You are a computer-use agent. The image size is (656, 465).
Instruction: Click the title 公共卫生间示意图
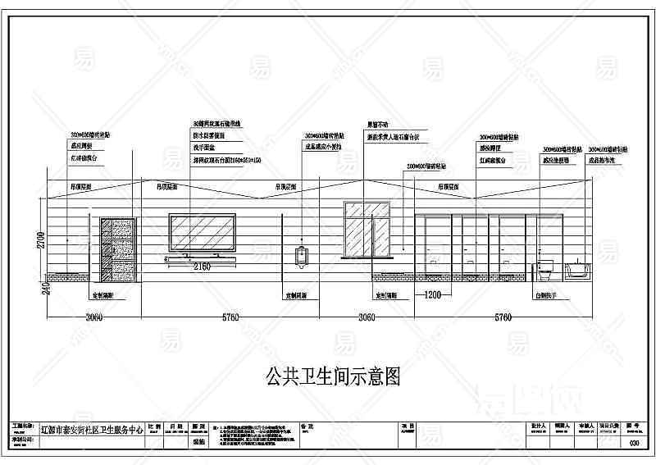click(x=333, y=377)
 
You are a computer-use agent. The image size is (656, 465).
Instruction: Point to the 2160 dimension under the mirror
click(x=201, y=266)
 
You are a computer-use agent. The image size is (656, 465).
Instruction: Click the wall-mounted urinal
click(x=301, y=255)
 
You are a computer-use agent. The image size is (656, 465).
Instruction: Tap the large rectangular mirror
click(x=202, y=233)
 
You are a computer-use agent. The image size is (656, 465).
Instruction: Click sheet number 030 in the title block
click(x=632, y=444)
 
